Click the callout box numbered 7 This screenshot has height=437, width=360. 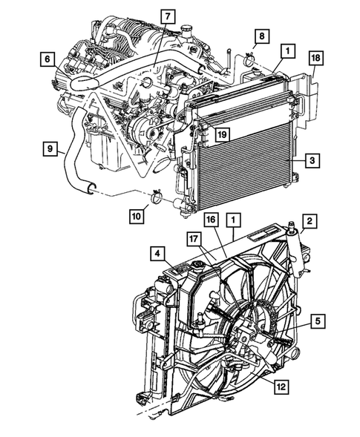point(167,16)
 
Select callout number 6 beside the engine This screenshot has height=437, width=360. point(47,58)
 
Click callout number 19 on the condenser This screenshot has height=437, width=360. point(220,134)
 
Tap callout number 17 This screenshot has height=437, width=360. point(194,239)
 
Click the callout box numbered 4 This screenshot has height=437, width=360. point(159,253)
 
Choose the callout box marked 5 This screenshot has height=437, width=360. point(318,321)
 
